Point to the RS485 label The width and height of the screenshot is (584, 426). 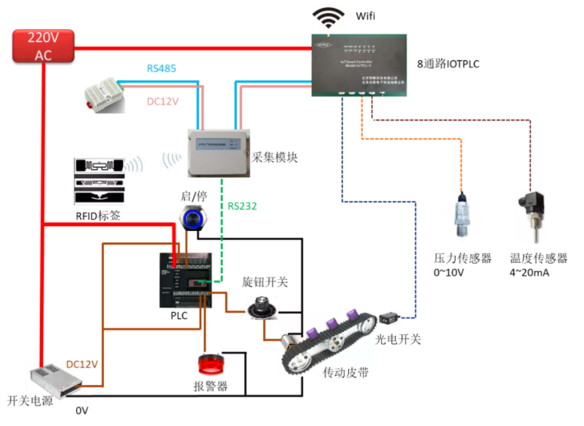162,69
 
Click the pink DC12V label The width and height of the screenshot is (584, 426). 163,102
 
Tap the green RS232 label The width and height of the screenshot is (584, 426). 242,206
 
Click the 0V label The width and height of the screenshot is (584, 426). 82,410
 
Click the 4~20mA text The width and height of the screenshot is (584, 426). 529,273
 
